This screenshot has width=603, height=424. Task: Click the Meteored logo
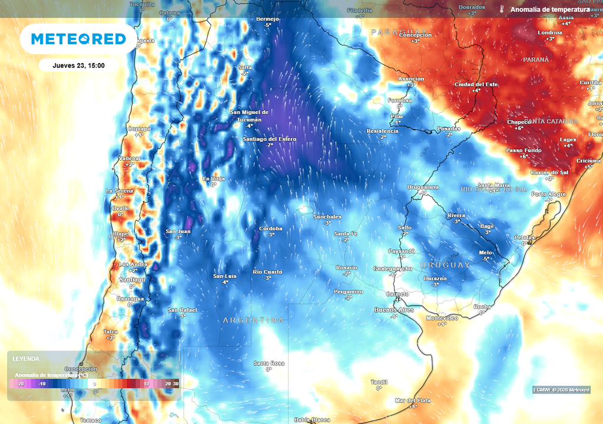tap(78, 39)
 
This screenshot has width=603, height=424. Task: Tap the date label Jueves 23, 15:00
tap(78, 65)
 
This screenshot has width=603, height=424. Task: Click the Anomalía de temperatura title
tap(550, 10)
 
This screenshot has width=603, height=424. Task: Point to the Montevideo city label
tap(442, 317)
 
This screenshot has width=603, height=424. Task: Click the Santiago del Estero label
tap(270, 139)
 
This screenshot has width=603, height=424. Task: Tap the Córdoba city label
tap(271, 228)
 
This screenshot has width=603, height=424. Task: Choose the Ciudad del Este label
tap(476, 84)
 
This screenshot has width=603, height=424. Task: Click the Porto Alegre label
tap(549, 194)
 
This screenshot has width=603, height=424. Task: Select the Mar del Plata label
tap(413, 400)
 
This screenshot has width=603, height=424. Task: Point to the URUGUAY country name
tap(446, 265)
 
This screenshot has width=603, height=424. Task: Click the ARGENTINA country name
tap(253, 320)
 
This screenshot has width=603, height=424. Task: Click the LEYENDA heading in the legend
tap(26, 359)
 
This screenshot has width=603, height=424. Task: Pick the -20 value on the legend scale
tap(21, 384)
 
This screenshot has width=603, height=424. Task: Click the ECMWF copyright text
tap(561, 390)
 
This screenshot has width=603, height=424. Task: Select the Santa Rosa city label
tap(269, 363)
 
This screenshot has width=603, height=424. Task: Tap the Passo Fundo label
tap(524, 150)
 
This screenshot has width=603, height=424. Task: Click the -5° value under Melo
tap(486, 259)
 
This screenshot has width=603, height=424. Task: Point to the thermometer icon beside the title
tap(502, 10)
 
